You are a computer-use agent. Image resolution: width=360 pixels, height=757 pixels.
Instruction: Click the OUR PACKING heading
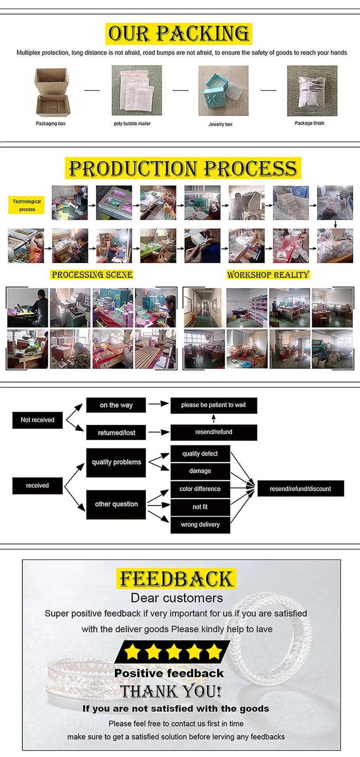178,34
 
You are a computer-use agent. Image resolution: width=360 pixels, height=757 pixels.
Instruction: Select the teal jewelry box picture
223,91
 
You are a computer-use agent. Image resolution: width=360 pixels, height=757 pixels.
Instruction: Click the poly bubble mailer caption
132,124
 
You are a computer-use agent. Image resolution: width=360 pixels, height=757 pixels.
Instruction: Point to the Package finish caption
309,123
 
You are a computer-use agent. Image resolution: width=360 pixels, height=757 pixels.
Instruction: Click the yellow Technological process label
26,205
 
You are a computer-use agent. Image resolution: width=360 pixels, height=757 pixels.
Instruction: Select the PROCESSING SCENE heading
92,275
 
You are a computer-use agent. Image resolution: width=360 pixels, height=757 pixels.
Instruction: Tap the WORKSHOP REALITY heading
268,275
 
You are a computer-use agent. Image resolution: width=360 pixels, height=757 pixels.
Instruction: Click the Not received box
37,420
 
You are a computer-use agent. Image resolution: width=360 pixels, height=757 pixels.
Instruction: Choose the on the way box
116,405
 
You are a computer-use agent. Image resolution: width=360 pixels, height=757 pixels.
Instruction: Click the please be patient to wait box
214,405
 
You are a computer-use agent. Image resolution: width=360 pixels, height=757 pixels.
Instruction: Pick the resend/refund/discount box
300,489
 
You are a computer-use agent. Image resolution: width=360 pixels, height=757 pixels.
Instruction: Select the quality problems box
116,462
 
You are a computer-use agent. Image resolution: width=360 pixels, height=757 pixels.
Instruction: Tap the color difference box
200,489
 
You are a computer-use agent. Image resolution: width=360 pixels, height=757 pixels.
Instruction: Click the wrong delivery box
200,524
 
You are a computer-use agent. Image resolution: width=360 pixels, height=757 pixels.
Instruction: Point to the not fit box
200,507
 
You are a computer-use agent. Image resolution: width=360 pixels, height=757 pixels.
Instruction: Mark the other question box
116,504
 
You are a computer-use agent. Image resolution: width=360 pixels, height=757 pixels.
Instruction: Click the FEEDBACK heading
176,579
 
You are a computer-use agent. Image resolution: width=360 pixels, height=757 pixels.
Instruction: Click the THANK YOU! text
171,691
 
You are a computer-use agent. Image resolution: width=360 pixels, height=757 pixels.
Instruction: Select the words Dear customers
177,598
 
